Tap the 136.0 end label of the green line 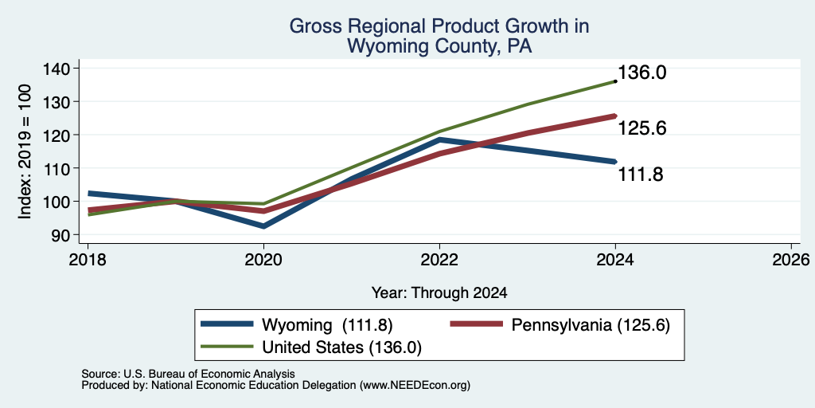pos(642,73)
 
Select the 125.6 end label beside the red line pos(642,128)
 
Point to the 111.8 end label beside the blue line pos(640,175)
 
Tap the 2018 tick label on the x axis pos(88,260)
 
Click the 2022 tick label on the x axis pos(439,260)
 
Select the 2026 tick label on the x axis pos(791,260)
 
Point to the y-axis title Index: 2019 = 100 pos(25,152)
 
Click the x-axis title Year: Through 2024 pos(439,293)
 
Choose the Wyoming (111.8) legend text pos(327,325)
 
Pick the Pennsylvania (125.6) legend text pos(591,325)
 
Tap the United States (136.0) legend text pos(341,347)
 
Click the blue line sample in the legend pos(227,324)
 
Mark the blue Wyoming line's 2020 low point pos(263,226)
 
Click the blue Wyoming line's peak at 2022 pos(439,140)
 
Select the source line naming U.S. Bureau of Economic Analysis pos(188,374)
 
